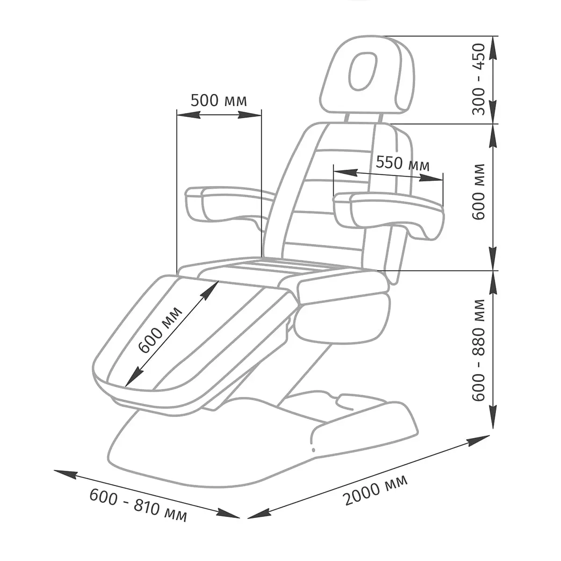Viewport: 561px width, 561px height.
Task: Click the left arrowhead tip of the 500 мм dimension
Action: tap(177, 115)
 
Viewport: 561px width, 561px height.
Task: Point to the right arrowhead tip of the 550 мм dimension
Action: tap(443, 181)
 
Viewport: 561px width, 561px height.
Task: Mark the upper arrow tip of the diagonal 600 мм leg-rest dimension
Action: tap(218, 281)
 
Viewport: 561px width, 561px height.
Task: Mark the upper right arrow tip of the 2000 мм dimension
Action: tap(490, 444)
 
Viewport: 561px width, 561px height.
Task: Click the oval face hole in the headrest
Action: tap(363, 71)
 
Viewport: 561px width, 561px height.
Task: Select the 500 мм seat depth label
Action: tap(219, 101)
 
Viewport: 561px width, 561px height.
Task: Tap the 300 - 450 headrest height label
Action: tap(479, 79)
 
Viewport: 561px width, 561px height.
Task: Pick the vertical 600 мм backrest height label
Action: tap(479, 192)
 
